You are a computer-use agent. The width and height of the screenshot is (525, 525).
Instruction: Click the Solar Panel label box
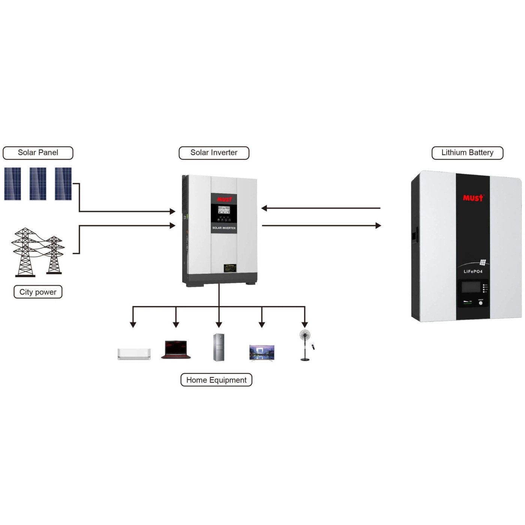[38, 153]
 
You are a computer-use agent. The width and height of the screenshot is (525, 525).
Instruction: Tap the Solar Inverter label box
[214, 153]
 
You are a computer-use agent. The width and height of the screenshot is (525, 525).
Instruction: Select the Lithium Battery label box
[467, 153]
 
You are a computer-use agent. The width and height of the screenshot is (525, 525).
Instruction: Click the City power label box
[38, 292]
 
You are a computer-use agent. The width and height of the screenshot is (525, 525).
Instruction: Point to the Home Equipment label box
[216, 380]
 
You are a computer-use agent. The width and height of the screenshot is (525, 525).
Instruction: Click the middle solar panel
[38, 184]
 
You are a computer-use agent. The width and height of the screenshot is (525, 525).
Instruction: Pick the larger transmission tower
[25, 252]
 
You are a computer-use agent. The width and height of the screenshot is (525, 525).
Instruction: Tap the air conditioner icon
[134, 354]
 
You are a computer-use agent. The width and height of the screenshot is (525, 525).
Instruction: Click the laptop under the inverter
[176, 349]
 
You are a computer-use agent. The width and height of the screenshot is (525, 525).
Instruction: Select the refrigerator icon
[219, 347]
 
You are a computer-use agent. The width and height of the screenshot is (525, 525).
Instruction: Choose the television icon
[262, 353]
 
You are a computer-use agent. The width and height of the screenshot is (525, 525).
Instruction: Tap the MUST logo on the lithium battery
[473, 198]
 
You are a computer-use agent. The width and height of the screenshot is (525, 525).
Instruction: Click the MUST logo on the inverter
[224, 199]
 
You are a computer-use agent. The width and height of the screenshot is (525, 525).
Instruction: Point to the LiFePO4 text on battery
[473, 271]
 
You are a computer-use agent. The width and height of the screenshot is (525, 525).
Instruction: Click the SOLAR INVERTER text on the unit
[224, 228]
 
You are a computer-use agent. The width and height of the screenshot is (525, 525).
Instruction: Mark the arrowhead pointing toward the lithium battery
[378, 225]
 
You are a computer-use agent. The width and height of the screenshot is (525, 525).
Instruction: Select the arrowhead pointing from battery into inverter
[264, 208]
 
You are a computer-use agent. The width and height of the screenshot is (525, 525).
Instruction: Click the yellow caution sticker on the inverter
[230, 268]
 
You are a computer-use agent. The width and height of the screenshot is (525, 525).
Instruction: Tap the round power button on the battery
[481, 303]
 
